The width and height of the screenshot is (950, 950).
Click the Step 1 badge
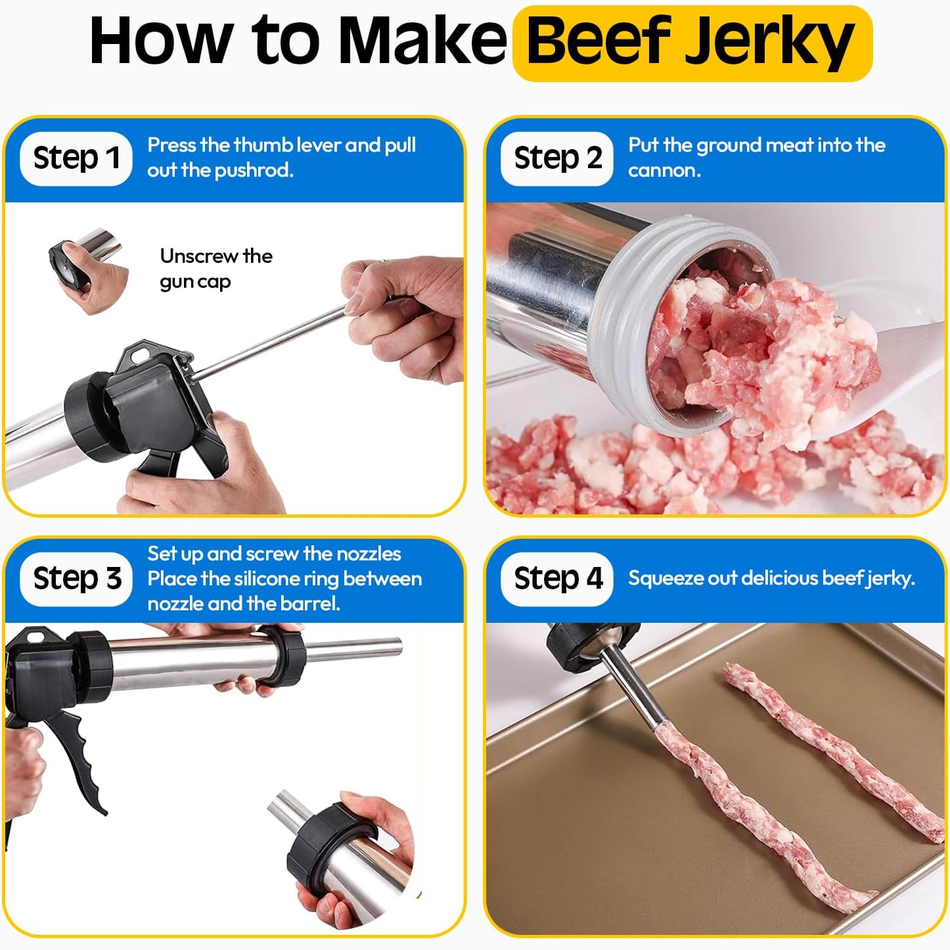(76, 158)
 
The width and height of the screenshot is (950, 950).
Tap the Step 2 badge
(557, 158)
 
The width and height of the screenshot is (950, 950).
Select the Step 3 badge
(76, 579)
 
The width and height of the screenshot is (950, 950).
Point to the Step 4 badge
(557, 579)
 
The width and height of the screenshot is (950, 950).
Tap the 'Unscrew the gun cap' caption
(216, 269)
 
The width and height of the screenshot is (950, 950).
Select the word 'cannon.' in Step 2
(664, 171)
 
